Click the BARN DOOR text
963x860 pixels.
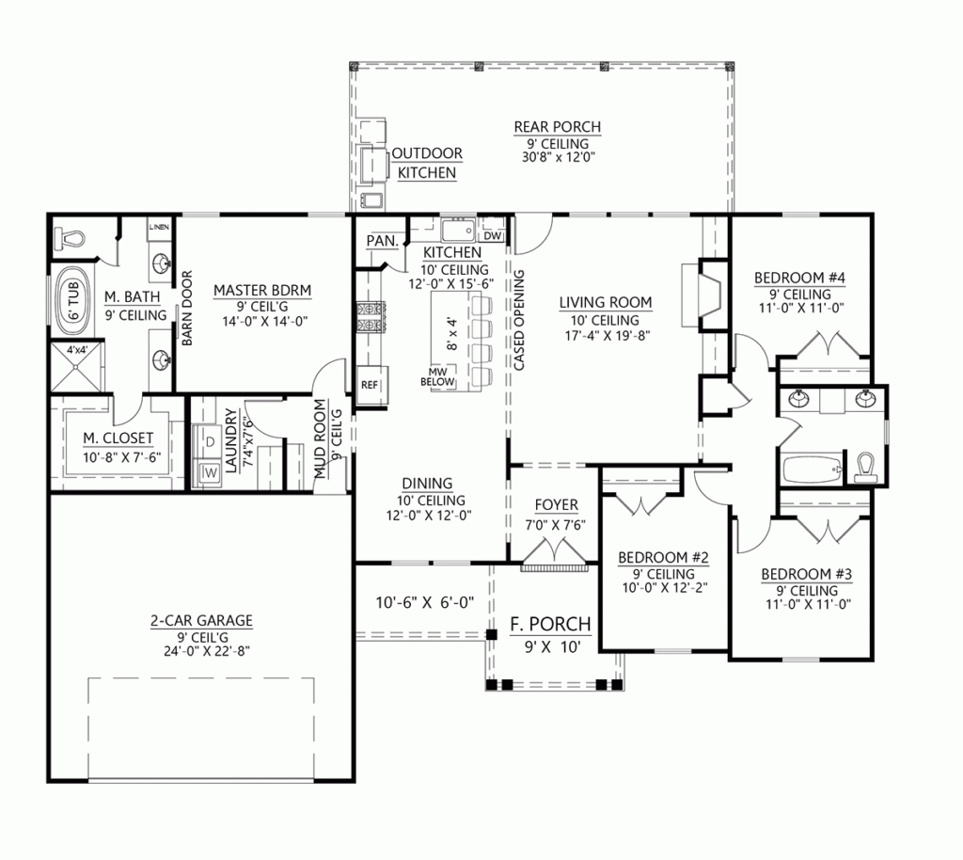tap(187, 309)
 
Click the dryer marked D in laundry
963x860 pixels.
tap(208, 440)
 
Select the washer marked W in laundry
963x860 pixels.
tap(208, 470)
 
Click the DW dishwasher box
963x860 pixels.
tap(493, 236)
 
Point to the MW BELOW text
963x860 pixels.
tap(440, 376)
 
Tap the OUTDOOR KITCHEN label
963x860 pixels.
tap(426, 163)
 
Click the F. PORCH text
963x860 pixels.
tap(550, 624)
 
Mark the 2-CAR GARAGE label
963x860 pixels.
tap(200, 620)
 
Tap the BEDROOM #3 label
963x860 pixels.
tap(799, 575)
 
